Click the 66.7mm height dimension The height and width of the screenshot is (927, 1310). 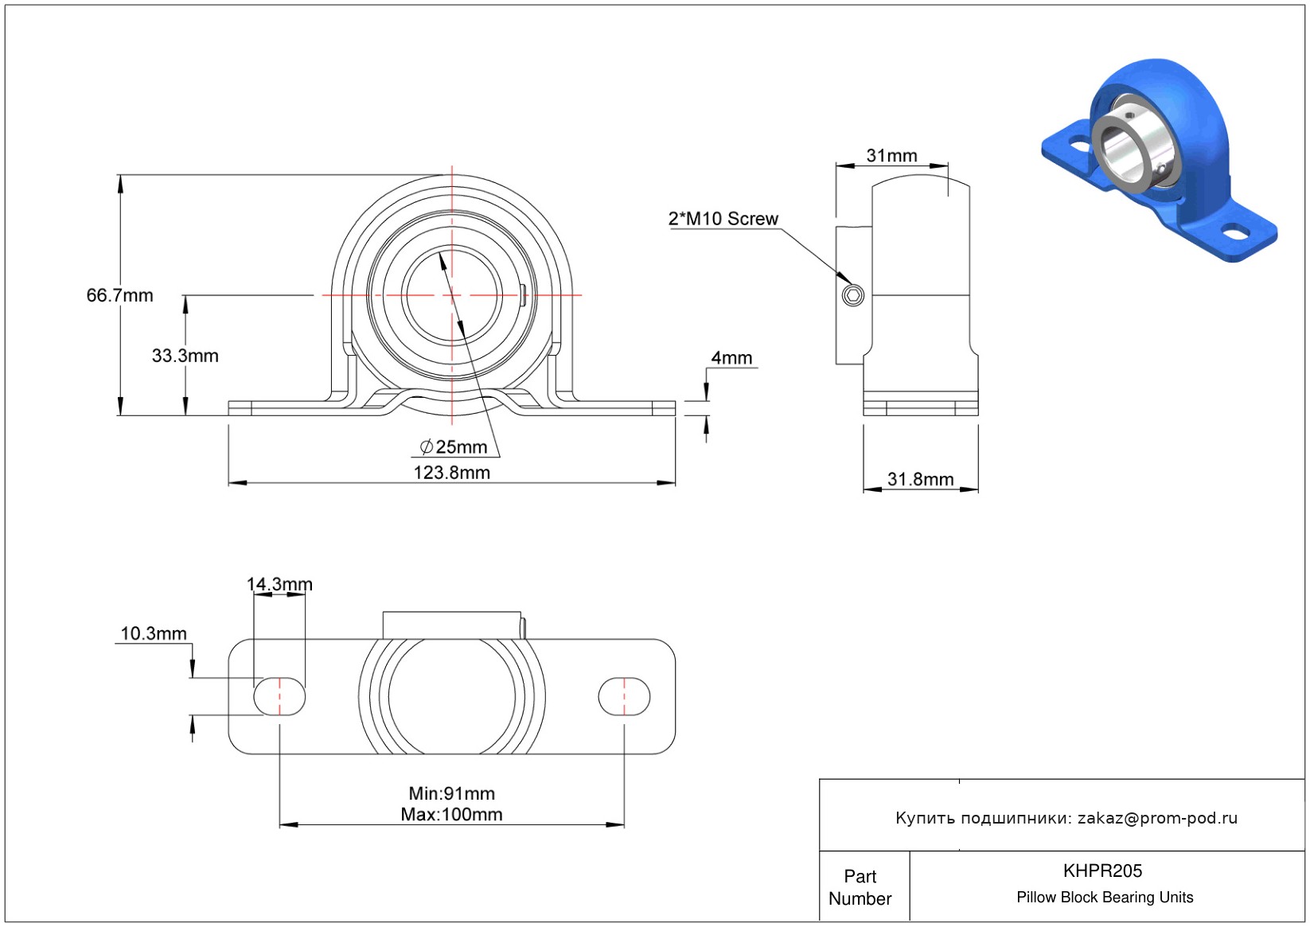pyautogui.click(x=119, y=295)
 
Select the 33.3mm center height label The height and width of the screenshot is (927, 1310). pyautogui.click(x=185, y=356)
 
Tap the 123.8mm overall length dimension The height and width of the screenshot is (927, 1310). pyautogui.click(x=451, y=473)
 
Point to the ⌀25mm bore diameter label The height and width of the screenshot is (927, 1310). pyautogui.click(x=454, y=447)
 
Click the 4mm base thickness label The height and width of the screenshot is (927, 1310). pyautogui.click(x=731, y=358)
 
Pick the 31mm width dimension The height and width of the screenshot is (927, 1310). pyautogui.click(x=891, y=156)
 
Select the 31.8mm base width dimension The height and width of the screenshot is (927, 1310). pyautogui.click(x=920, y=479)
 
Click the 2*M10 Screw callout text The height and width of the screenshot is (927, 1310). pyautogui.click(x=723, y=219)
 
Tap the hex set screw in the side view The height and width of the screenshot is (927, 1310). pyautogui.click(x=853, y=296)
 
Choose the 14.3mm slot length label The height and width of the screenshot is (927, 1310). pyautogui.click(x=279, y=584)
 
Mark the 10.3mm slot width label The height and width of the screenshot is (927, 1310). pyautogui.click(x=154, y=633)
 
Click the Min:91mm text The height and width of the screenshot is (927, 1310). pyautogui.click(x=451, y=793)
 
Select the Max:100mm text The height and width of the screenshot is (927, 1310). pyautogui.click(x=451, y=814)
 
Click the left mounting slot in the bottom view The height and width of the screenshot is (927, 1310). pyautogui.click(x=279, y=697)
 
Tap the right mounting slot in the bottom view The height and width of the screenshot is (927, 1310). pyautogui.click(x=624, y=697)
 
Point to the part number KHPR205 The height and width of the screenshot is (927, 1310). pyautogui.click(x=1102, y=871)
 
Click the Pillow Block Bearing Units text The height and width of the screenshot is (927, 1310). pyautogui.click(x=1105, y=897)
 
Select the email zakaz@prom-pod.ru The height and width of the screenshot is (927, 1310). pyautogui.click(x=1157, y=818)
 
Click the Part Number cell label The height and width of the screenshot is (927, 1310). pyautogui.click(x=860, y=887)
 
